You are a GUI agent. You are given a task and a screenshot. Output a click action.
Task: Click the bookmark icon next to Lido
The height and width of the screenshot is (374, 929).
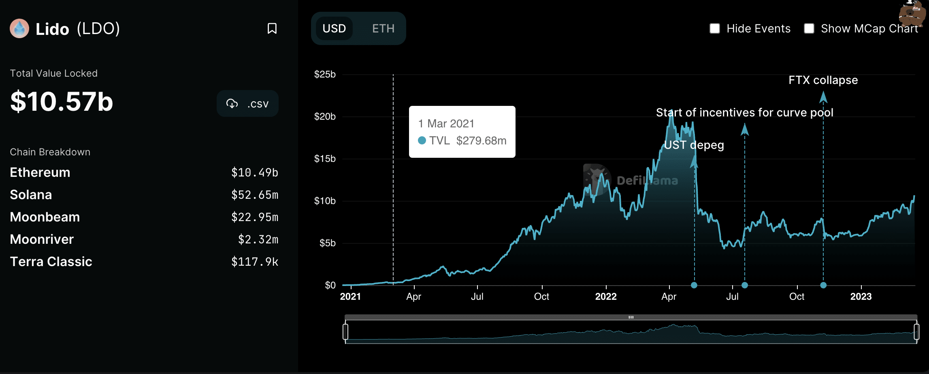pyautogui.click(x=272, y=28)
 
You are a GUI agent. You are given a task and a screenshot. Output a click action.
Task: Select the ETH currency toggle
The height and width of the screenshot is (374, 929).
pyautogui.click(x=383, y=28)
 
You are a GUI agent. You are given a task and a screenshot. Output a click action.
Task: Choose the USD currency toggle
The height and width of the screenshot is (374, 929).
pyautogui.click(x=334, y=28)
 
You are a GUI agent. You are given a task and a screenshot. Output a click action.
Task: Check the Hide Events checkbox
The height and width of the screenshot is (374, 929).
pyautogui.click(x=715, y=28)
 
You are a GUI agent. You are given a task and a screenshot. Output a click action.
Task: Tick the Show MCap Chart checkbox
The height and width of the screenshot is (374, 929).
pyautogui.click(x=809, y=28)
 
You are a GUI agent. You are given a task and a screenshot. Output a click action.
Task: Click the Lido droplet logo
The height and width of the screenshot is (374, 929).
pyautogui.click(x=19, y=28)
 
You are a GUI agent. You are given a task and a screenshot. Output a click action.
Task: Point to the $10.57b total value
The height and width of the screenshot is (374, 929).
pyautogui.click(x=62, y=101)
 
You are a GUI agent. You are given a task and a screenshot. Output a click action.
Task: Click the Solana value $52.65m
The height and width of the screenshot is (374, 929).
pyautogui.click(x=254, y=195)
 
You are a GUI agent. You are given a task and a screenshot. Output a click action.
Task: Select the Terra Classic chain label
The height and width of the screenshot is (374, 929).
pyautogui.click(x=51, y=262)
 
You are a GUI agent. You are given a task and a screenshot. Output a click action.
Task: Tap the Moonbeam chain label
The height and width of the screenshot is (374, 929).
pyautogui.click(x=45, y=217)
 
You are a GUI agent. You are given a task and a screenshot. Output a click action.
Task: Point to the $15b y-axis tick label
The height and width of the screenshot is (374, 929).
pyautogui.click(x=325, y=159)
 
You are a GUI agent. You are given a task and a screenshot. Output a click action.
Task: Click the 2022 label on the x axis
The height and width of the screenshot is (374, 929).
pyautogui.click(x=606, y=297)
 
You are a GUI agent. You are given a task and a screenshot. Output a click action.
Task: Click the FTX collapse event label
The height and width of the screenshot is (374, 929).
pyautogui.click(x=823, y=80)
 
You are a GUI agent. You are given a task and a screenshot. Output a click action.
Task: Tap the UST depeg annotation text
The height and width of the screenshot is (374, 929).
pyautogui.click(x=694, y=145)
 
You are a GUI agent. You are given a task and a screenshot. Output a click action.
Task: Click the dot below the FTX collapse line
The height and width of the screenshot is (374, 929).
pyautogui.click(x=823, y=285)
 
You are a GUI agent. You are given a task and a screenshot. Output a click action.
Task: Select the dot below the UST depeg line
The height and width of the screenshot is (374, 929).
pyautogui.click(x=694, y=285)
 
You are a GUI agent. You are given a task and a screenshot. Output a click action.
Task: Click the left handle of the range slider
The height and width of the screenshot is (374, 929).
pyautogui.click(x=345, y=331)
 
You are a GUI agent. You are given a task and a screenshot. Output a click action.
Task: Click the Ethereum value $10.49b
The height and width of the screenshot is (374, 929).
pyautogui.click(x=254, y=172)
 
